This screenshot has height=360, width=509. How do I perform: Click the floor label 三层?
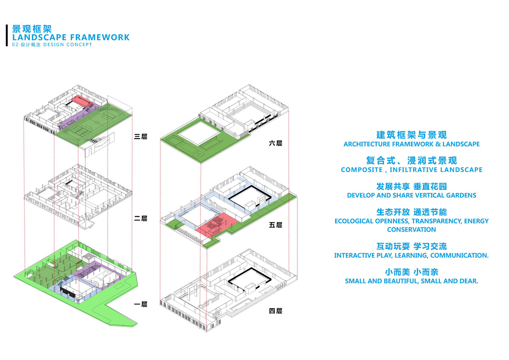pos(140,137)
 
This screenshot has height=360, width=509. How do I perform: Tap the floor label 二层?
pos(140,218)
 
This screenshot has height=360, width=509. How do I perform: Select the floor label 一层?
pos(140,304)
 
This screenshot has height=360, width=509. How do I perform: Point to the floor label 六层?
pos(275,143)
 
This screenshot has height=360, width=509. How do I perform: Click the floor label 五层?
pos(275,225)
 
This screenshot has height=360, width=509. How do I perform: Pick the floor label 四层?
pos(275,311)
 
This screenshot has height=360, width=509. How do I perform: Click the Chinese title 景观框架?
pos(32,29)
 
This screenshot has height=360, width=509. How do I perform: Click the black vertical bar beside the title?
pos(7,35)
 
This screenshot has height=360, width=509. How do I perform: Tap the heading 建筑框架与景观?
pos(411,135)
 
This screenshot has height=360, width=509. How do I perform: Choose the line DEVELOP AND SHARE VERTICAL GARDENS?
pos(411,195)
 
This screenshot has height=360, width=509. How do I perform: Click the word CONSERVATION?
pos(411,229)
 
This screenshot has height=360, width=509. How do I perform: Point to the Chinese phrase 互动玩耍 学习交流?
pos(411,246)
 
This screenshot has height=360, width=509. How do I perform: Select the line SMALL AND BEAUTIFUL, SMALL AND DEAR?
pos(411,281)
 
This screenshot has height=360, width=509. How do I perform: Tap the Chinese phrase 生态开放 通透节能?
pos(411,212)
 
